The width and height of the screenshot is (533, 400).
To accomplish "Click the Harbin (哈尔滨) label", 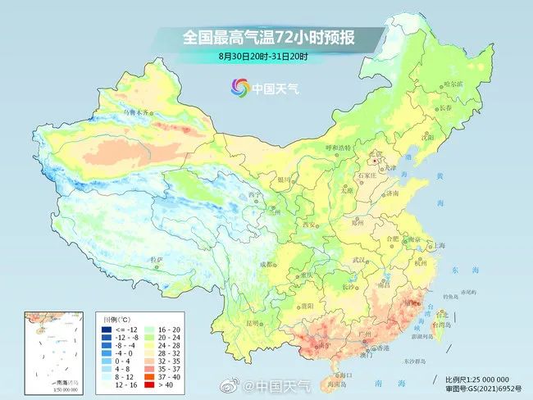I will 453,84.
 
